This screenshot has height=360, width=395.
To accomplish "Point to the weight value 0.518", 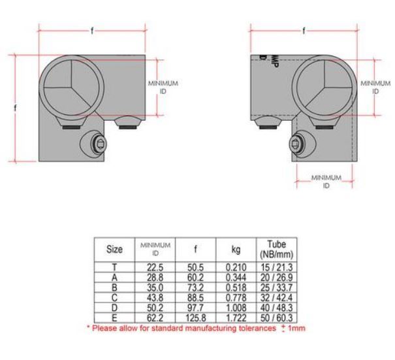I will click(x=234, y=286).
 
